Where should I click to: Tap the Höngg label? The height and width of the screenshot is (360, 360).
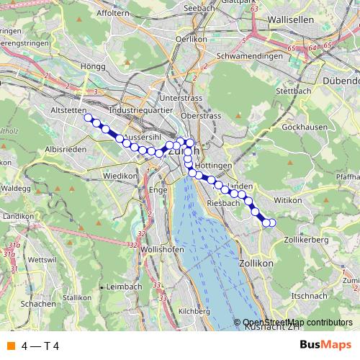[x=94, y=66]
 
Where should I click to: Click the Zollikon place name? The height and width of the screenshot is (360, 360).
[x=257, y=264]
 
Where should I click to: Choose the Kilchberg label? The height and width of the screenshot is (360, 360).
[x=194, y=311]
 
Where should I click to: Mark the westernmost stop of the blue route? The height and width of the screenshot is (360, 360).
[x=89, y=117]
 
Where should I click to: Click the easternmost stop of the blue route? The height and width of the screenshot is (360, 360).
[x=272, y=222]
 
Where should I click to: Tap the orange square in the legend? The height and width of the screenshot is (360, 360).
[x=10, y=346]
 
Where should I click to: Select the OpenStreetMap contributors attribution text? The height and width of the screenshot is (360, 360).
[x=297, y=323]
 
